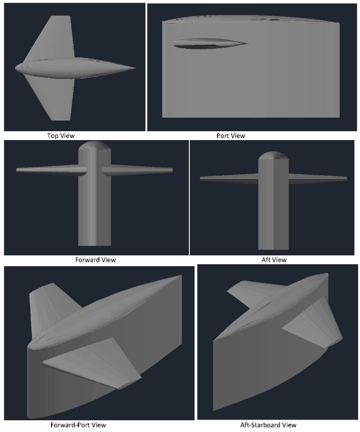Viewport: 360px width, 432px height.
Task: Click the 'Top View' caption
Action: (60, 135)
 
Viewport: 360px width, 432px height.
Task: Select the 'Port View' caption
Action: (231, 135)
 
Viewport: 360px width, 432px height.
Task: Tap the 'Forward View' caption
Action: (95, 260)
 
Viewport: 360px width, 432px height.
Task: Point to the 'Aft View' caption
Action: (274, 260)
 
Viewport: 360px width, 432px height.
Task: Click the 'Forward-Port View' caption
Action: (78, 425)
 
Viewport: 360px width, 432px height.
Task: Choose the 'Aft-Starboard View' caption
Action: (268, 425)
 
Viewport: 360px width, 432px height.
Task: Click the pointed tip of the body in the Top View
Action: (135, 68)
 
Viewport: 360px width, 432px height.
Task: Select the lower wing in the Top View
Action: (54, 97)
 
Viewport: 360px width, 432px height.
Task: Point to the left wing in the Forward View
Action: (51, 170)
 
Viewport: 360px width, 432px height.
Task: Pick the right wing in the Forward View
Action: (137, 170)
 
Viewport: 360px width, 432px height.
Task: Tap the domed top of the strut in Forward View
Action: (95, 146)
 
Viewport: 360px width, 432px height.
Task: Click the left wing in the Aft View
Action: (229, 179)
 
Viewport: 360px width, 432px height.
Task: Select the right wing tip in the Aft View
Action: (345, 179)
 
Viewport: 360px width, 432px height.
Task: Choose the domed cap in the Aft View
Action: (273, 156)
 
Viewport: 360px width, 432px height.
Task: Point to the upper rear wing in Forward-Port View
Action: (50, 309)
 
